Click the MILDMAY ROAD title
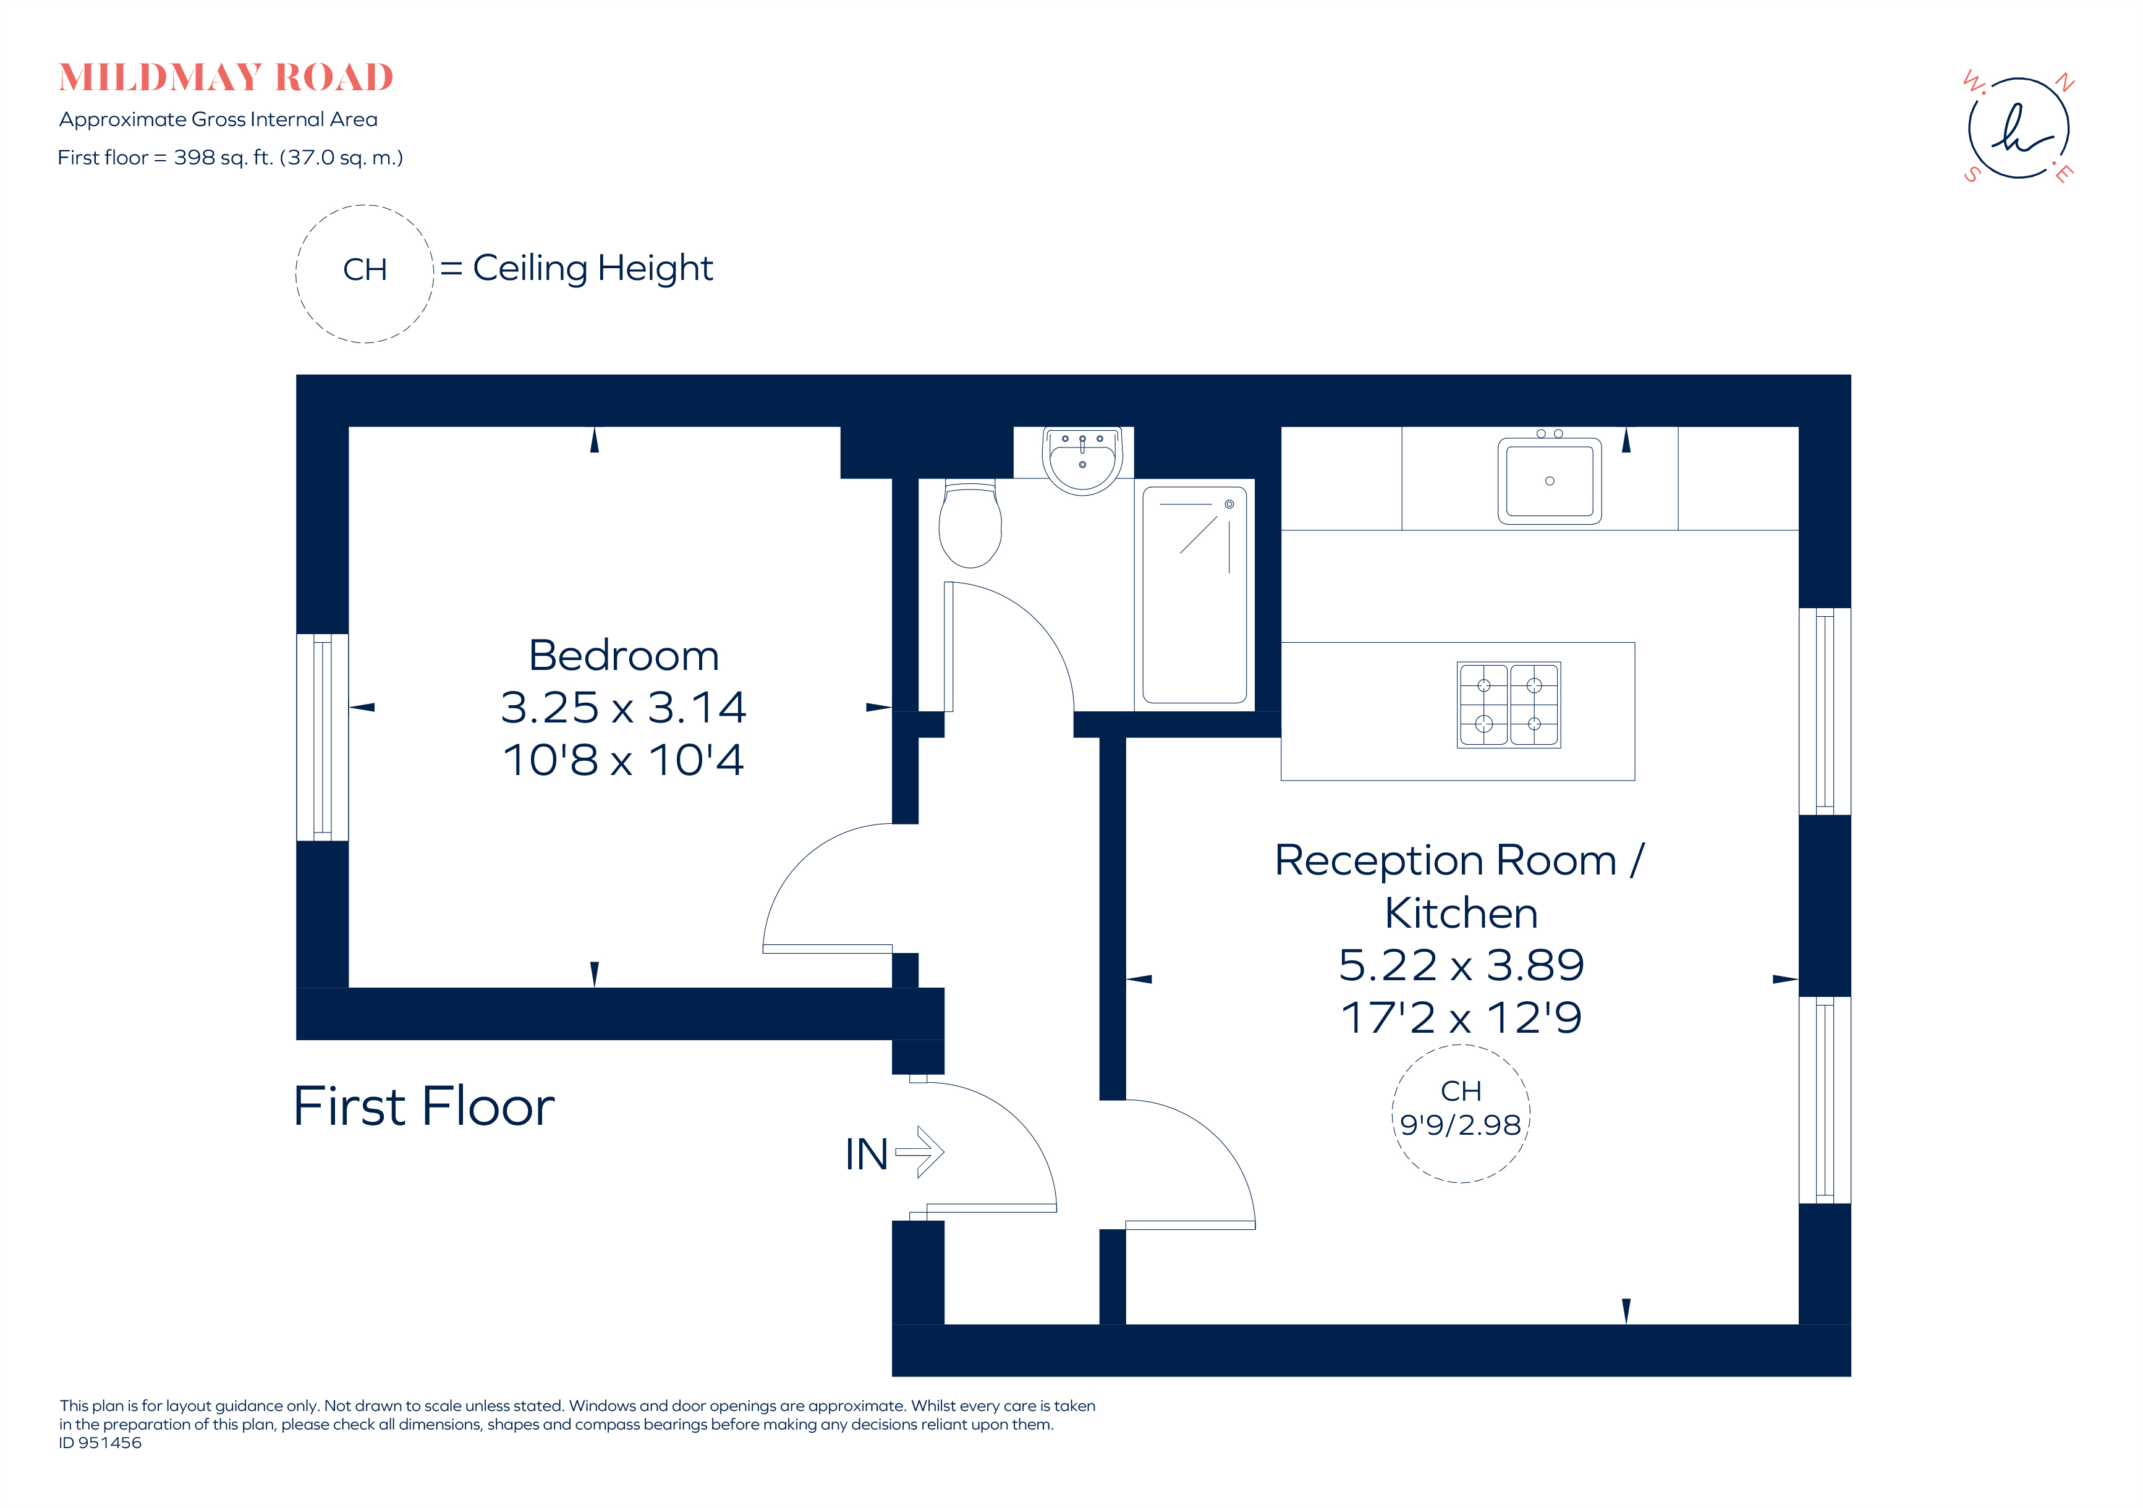pos(226,77)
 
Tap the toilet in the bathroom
pos(970,525)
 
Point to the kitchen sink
pos(1550,481)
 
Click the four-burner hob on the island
pos(1508,705)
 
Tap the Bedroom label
pos(624,655)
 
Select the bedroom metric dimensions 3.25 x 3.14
pos(624,708)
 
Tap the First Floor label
pos(424,1107)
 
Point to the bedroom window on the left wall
pos(322,737)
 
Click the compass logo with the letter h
pos(2018,129)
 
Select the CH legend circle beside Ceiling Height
pos(365,273)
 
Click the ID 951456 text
pos(101,1442)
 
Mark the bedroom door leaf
pos(827,949)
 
